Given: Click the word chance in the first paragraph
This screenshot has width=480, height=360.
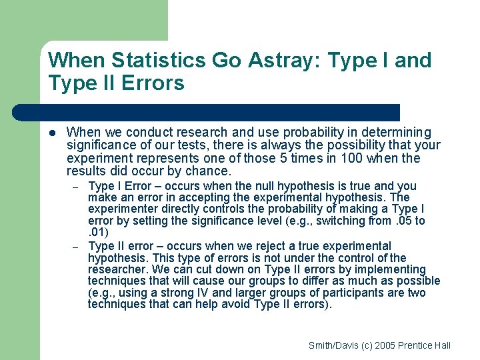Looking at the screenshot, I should pyautogui.click(x=206, y=171).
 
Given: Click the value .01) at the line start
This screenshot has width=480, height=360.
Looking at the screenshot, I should pyautogui.click(x=99, y=232).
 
